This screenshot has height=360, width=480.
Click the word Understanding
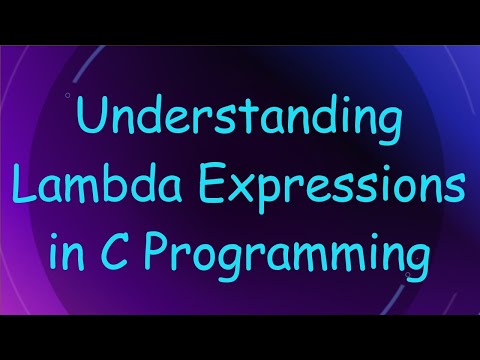pos(240,124)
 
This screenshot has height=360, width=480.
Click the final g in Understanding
pos(388,130)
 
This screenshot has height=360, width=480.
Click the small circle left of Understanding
pos(67,96)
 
